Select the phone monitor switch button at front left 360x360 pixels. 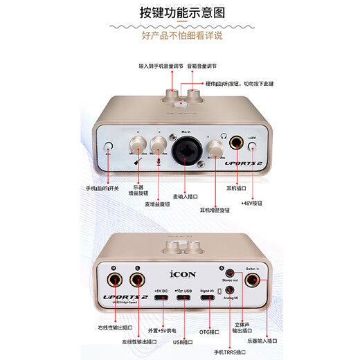tap(107, 147)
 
